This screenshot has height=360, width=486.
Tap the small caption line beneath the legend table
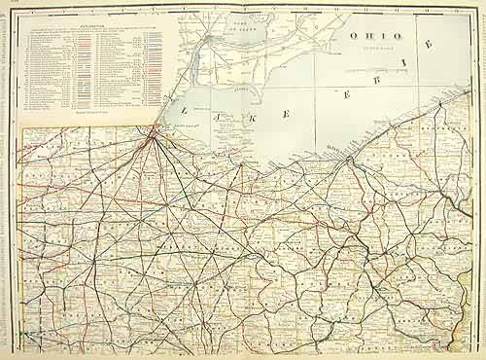[87, 115]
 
